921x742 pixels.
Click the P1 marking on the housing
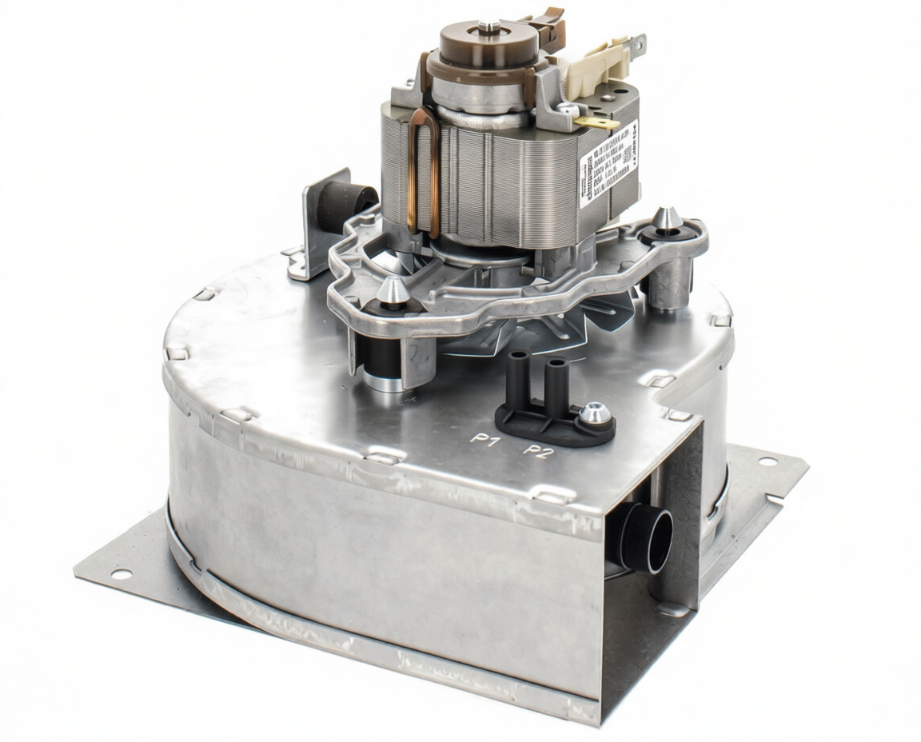[x=484, y=439]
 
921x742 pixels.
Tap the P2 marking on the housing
[x=538, y=452]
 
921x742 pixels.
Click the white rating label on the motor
[x=608, y=164]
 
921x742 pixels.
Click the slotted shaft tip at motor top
[x=490, y=27]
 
